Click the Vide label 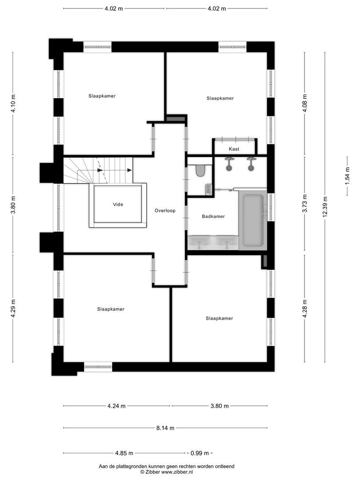pos(118,204)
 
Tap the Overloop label pos(165,210)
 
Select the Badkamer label pos(213,216)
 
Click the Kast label pos(234,149)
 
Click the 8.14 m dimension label pos(165,428)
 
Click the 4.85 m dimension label pos(124,453)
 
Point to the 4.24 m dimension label pos(116,406)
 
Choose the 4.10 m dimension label pos(13,104)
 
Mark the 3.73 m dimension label pos(304,204)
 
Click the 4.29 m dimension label pos(13,307)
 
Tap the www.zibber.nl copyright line pos(166,472)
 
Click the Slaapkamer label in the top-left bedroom pos(102,96)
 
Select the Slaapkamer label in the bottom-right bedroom pos(220,318)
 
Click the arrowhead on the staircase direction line pos(130,170)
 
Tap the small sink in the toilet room pos(208,190)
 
